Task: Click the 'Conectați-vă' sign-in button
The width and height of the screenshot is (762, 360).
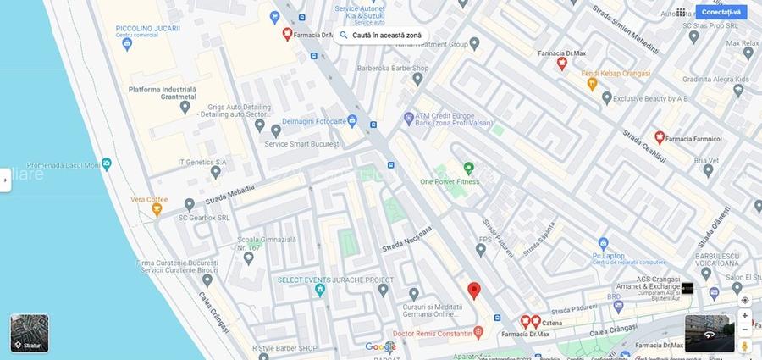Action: pyautogui.click(x=721, y=12)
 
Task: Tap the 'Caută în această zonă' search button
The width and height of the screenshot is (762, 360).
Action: pyautogui.click(x=380, y=36)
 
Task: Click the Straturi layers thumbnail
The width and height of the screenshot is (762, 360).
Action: pyautogui.click(x=30, y=333)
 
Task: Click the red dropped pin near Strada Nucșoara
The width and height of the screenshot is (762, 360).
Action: pyautogui.click(x=474, y=291)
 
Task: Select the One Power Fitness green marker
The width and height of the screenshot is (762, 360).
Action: pyautogui.click(x=468, y=168)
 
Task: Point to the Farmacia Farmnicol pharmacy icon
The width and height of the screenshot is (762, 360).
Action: pyautogui.click(x=659, y=137)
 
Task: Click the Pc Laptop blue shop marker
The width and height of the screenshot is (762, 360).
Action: pyautogui.click(x=603, y=243)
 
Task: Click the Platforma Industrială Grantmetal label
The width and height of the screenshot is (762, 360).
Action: pyautogui.click(x=162, y=93)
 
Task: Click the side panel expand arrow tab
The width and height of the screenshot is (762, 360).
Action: pyautogui.click(x=5, y=180)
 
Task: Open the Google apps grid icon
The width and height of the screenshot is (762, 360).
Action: pyautogui.click(x=681, y=12)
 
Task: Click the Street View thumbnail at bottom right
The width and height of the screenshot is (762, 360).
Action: pyautogui.click(x=710, y=333)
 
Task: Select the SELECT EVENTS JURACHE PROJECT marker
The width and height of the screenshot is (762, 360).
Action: pyautogui.click(x=320, y=291)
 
